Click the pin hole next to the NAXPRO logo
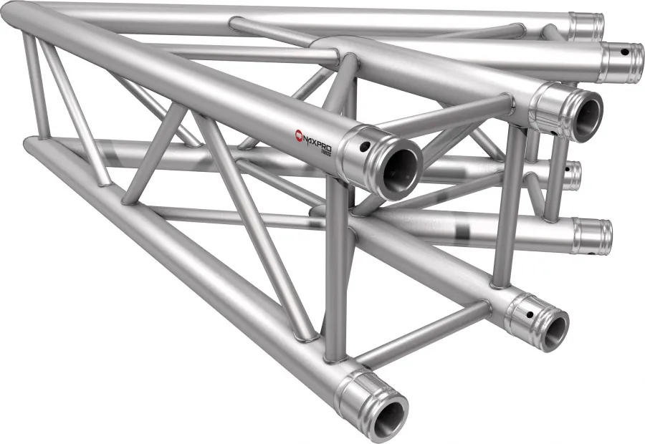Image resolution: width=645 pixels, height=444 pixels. point(365,148)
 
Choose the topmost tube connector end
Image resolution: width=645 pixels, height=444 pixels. point(587,26)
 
